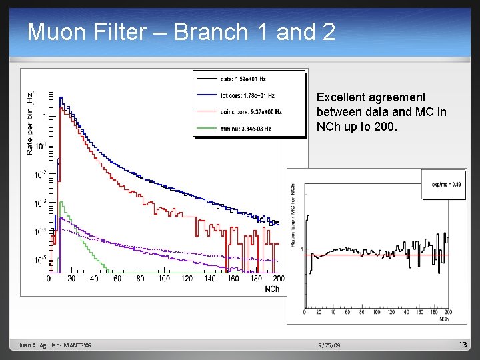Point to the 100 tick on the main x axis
pyautogui.click(x=164, y=279)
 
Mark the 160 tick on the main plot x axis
pyautogui.click(x=233, y=279)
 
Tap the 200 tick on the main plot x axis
pyautogui.click(x=278, y=279)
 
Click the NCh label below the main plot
pyautogui.click(x=272, y=289)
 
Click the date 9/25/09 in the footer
pyautogui.click(x=329, y=345)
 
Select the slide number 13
pyautogui.click(x=463, y=345)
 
